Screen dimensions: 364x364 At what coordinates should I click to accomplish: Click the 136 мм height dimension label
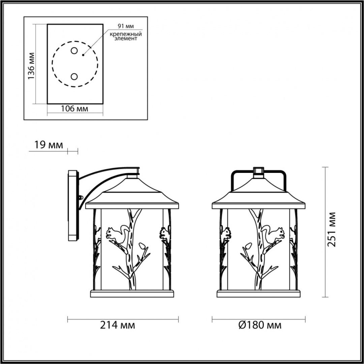(x=31, y=66)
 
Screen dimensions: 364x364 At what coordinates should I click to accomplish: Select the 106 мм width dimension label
(x=74, y=109)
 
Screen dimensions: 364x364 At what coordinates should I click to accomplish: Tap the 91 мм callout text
(x=126, y=26)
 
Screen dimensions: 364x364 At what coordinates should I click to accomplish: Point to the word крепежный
(x=126, y=34)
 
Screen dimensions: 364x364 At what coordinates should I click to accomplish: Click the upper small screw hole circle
(x=74, y=50)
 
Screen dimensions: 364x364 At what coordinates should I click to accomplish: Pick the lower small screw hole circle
(x=74, y=77)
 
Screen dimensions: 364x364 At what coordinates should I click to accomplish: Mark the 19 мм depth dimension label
(x=49, y=145)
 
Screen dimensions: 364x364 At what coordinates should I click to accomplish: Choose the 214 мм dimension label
(x=118, y=325)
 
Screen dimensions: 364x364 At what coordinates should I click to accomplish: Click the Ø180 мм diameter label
(x=260, y=325)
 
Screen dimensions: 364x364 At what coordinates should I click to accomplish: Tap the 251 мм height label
(x=331, y=230)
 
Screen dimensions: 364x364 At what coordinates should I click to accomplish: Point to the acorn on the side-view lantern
(x=142, y=246)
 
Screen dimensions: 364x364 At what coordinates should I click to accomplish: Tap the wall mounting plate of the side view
(x=73, y=206)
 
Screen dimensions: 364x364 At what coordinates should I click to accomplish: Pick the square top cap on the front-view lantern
(x=259, y=170)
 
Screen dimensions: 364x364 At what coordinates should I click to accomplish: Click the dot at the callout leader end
(x=83, y=55)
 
